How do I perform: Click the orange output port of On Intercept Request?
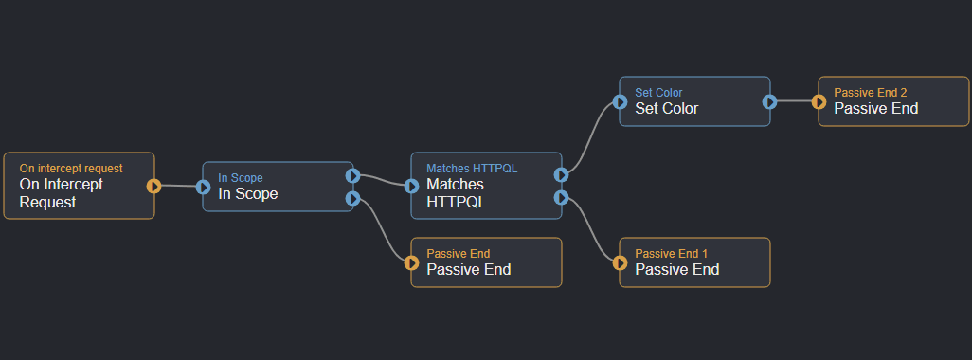(x=154, y=186)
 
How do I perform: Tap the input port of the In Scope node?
(x=203, y=187)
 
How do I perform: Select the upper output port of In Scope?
(x=352, y=175)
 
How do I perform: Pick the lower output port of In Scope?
(x=352, y=198)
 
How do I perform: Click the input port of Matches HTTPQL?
(x=411, y=187)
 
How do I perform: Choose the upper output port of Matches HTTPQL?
(x=561, y=174)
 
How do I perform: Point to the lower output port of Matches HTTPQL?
(x=561, y=197)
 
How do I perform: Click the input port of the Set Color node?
(x=620, y=101)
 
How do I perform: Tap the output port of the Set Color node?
(x=769, y=101)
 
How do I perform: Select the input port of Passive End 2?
(x=819, y=101)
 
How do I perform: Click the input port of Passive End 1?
(x=620, y=262)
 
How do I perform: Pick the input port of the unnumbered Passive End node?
(x=411, y=262)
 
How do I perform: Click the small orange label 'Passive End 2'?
(x=870, y=93)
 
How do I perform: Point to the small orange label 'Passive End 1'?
(x=671, y=254)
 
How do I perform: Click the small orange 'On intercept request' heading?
(x=70, y=169)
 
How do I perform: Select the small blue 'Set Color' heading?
(x=658, y=93)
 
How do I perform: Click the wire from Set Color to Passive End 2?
(x=794, y=101)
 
